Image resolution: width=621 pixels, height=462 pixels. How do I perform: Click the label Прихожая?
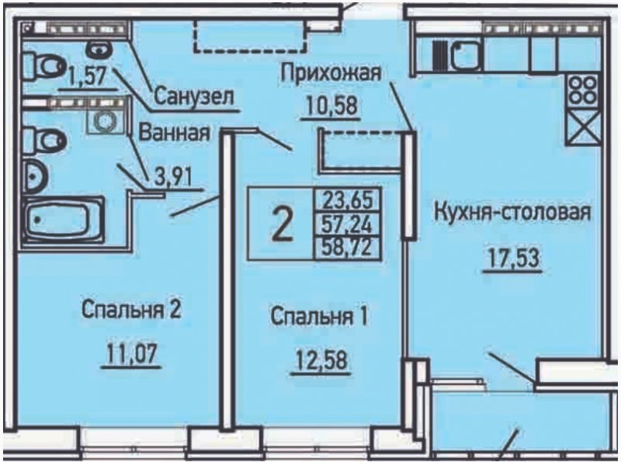coord(331,75)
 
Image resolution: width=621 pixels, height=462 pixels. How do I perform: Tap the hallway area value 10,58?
coord(331,106)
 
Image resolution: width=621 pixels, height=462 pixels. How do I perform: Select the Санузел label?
coord(193,96)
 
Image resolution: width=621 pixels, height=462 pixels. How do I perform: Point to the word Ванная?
coord(174,133)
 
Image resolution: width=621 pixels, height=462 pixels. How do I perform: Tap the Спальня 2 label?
coord(131,310)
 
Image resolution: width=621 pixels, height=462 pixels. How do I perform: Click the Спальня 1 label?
coord(319,317)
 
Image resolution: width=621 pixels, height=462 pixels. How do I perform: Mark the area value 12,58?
coord(321,360)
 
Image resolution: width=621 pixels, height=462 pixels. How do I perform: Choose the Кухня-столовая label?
coord(512,213)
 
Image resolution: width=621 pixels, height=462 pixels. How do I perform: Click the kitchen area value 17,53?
coord(512,259)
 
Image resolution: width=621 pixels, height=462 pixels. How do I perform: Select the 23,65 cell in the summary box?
coord(347,200)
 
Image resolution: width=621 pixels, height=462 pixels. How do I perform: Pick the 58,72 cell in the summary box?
coord(347,248)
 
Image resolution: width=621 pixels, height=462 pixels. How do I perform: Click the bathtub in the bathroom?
coord(63,219)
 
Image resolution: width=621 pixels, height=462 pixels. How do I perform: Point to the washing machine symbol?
coord(106,120)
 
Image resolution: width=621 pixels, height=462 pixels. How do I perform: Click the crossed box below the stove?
coord(582,127)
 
